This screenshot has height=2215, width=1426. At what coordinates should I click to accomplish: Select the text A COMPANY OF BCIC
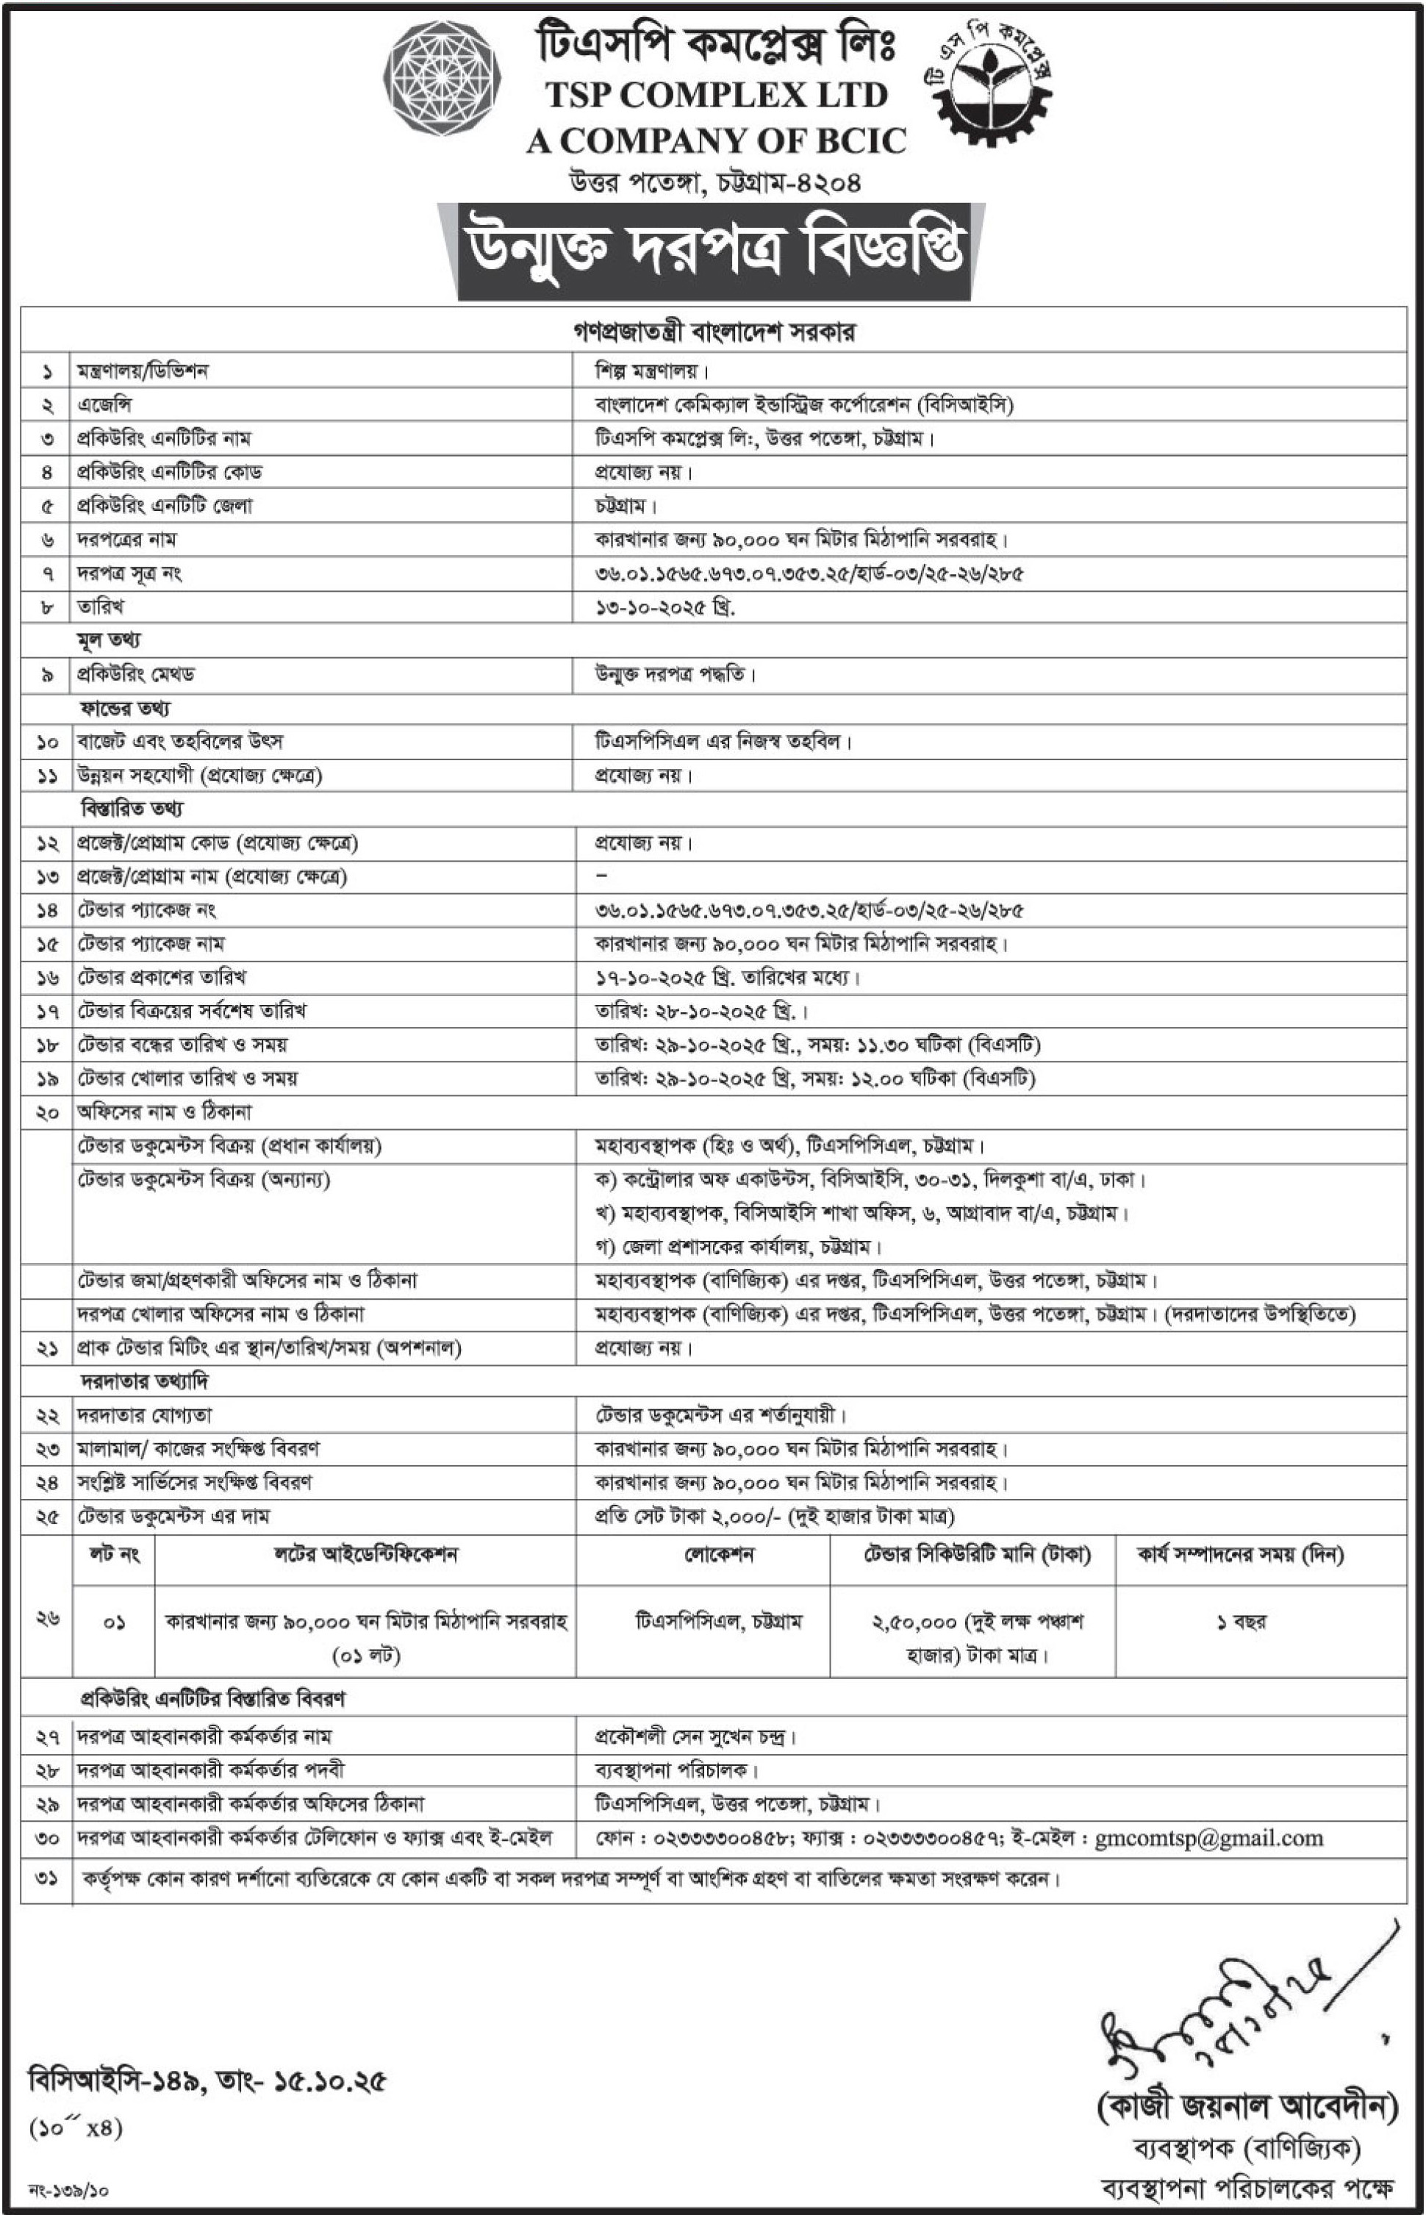click(x=716, y=140)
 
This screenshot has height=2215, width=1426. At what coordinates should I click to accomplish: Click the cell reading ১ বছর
click(x=1241, y=1622)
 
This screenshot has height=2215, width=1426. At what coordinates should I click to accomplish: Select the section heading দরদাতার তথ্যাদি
click(x=143, y=1381)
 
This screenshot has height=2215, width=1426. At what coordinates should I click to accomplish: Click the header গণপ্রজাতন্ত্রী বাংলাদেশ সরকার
click(x=714, y=333)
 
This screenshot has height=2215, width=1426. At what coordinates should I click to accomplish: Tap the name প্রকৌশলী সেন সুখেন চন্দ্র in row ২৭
click(x=695, y=1737)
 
